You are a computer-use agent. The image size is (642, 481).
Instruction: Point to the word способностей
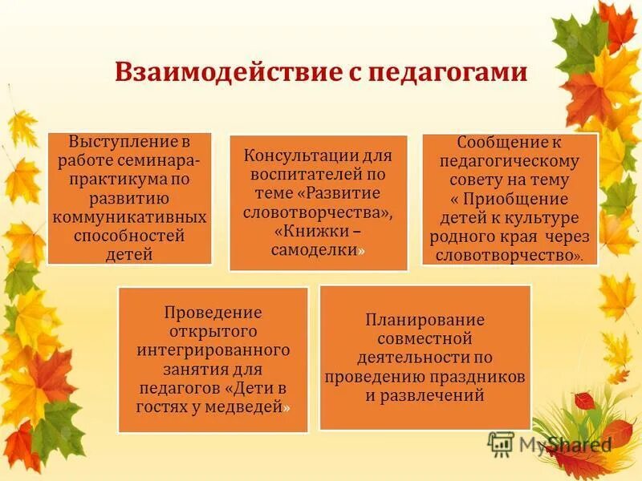pos(129,236)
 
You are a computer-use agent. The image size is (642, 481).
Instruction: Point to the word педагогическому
pos(510,161)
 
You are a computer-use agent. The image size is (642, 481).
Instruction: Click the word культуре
pos(547,218)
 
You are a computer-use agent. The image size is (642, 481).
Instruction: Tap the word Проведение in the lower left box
pos(213,312)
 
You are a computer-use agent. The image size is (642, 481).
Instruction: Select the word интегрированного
pos(213,350)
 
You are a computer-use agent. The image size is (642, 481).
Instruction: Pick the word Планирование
pos(425,319)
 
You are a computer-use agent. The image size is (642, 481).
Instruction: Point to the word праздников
pos(481,376)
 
